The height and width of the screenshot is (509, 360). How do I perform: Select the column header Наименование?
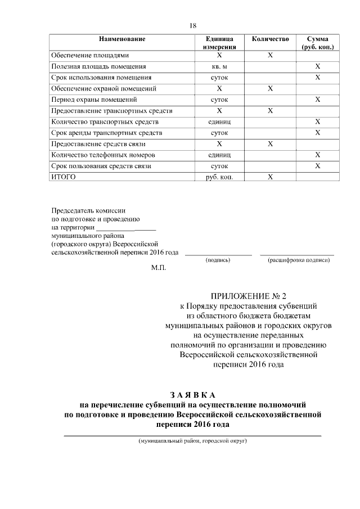122,39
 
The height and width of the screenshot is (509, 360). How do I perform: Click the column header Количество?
270,39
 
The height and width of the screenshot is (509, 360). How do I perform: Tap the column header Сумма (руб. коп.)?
318,43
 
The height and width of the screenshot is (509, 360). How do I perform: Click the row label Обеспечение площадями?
90,56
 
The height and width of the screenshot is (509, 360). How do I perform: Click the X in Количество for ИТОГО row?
270,177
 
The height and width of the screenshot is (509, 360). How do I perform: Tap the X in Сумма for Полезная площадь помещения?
318,67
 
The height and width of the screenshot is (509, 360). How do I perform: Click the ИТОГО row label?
63,177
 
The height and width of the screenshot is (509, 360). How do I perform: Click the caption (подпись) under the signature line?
218,261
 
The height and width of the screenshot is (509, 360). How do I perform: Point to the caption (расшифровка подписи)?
298,261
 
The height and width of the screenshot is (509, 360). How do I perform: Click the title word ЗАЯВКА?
192,394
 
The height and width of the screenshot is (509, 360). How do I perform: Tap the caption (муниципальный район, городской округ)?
193,442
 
